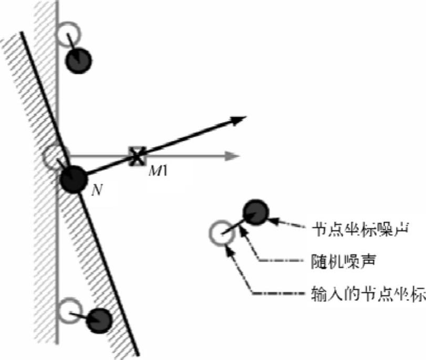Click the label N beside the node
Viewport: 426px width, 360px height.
[96, 190]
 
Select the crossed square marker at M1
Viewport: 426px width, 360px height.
[137, 156]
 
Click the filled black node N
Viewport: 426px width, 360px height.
[73, 179]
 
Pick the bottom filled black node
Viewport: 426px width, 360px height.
[99, 318]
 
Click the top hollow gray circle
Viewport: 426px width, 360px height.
[68, 35]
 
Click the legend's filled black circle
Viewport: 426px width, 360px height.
[256, 212]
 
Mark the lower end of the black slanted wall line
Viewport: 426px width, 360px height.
[139, 355]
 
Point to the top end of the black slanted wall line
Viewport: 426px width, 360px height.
[22, 33]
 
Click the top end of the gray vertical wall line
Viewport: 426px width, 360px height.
[58, 2]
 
